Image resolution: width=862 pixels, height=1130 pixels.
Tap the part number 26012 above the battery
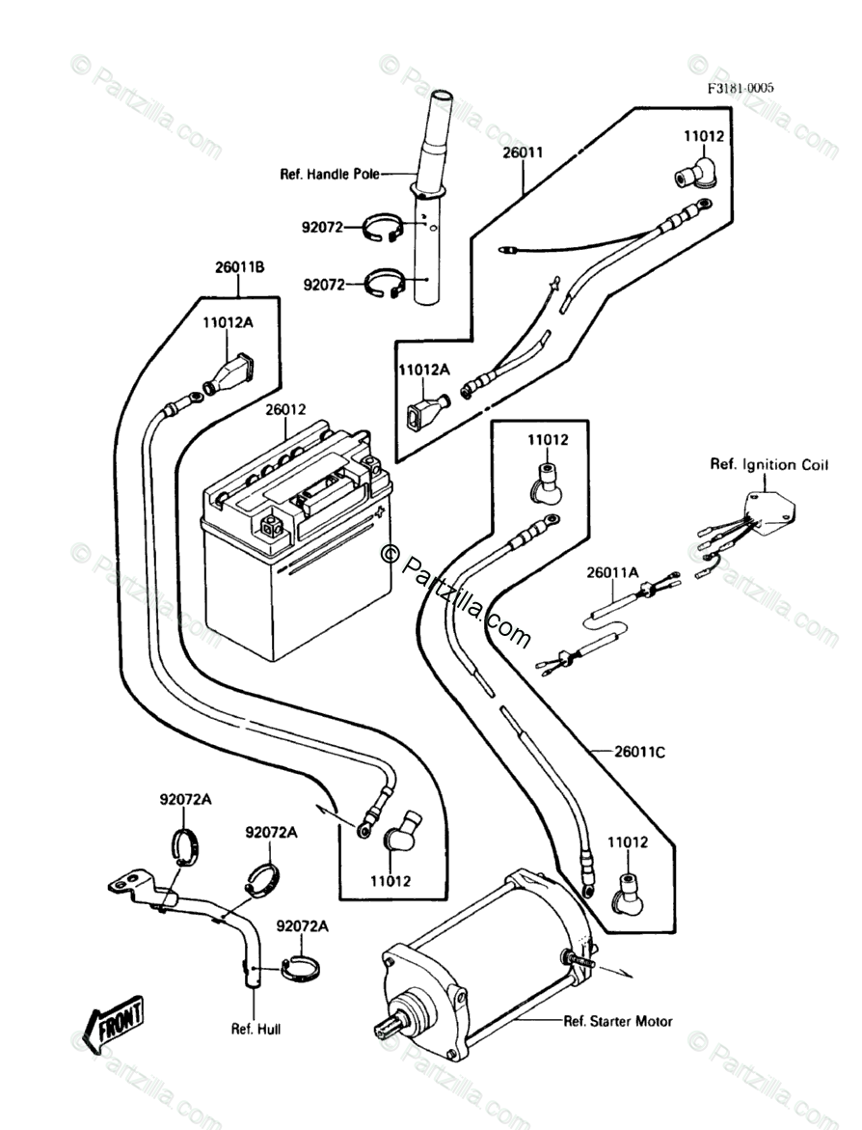point(285,409)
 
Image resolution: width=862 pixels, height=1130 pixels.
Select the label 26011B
point(240,267)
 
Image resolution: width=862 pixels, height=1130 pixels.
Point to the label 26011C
point(640,753)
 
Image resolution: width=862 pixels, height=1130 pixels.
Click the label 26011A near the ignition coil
point(612,572)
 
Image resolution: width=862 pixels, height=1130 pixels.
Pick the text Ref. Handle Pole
point(330,174)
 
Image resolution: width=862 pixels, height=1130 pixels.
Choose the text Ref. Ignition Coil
point(769,465)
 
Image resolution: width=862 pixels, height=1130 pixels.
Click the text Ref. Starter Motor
point(618,1020)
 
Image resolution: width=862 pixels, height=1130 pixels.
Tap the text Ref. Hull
point(256,1029)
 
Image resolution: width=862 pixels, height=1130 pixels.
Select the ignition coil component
point(769,514)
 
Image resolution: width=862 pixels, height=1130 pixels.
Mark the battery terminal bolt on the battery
point(273,528)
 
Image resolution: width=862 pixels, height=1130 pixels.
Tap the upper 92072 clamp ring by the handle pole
point(381,228)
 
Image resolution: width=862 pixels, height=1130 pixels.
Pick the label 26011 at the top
point(524,152)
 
